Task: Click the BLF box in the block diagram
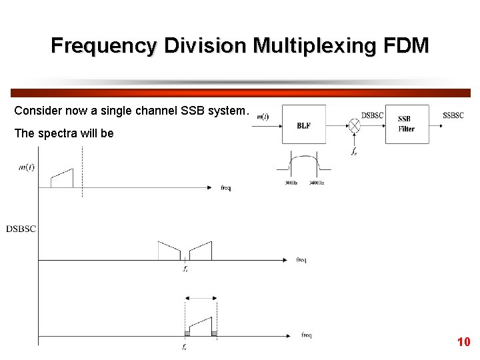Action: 303,124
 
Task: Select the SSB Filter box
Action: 407,124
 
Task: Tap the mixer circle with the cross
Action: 355,124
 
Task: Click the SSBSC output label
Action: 453,115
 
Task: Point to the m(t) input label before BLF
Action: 263,117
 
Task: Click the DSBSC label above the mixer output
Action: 373,115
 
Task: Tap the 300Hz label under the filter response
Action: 291,183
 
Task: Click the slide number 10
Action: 463,342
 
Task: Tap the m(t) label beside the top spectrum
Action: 27,167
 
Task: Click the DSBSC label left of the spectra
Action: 21,229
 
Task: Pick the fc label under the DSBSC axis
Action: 185,269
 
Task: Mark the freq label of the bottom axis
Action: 306,335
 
